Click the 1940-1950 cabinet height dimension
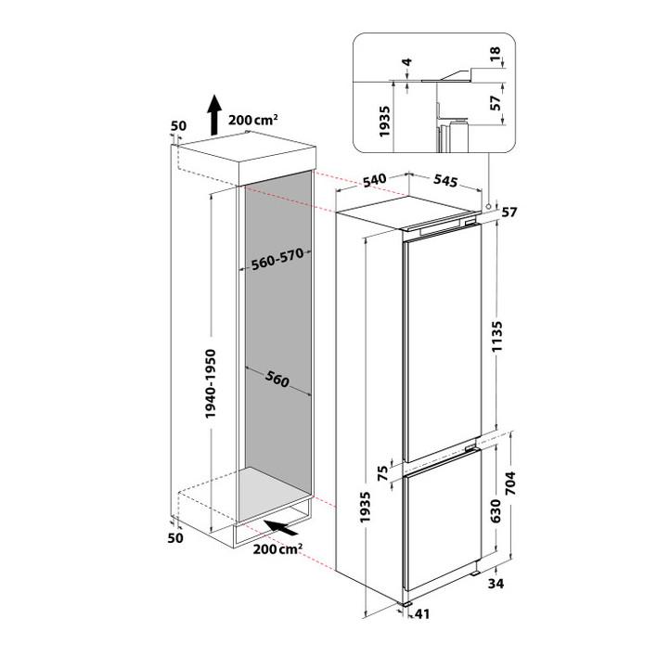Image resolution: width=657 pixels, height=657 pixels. pyautogui.click(x=211, y=383)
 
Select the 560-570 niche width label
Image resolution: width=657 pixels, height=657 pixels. pyautogui.click(x=277, y=259)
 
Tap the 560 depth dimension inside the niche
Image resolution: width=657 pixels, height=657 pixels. pyautogui.click(x=277, y=380)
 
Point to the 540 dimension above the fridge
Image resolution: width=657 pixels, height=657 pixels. pyautogui.click(x=374, y=181)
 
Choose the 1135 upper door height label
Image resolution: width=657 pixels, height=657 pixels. pyautogui.click(x=497, y=337)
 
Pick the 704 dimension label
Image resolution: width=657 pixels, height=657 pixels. pyautogui.click(x=510, y=483)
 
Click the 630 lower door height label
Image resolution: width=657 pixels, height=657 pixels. pyautogui.click(x=496, y=510)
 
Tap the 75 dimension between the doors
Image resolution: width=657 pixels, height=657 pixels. pyautogui.click(x=383, y=474)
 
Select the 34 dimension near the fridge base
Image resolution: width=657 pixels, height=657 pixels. pyautogui.click(x=496, y=584)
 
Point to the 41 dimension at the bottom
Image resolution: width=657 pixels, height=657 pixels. pyautogui.click(x=422, y=614)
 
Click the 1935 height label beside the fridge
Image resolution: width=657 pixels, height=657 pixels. pyautogui.click(x=366, y=507)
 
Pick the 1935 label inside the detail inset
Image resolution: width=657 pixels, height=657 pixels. pyautogui.click(x=385, y=121)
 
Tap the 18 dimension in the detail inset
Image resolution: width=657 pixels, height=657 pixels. pyautogui.click(x=495, y=54)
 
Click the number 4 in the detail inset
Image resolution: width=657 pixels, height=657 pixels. pyautogui.click(x=406, y=63)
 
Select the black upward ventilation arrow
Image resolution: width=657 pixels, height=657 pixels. pyautogui.click(x=214, y=115)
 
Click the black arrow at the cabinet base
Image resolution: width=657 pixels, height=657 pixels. pyautogui.click(x=281, y=527)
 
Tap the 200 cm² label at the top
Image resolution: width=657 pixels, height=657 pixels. pyautogui.click(x=253, y=120)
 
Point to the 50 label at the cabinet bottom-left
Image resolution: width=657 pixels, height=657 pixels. pyautogui.click(x=175, y=537)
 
